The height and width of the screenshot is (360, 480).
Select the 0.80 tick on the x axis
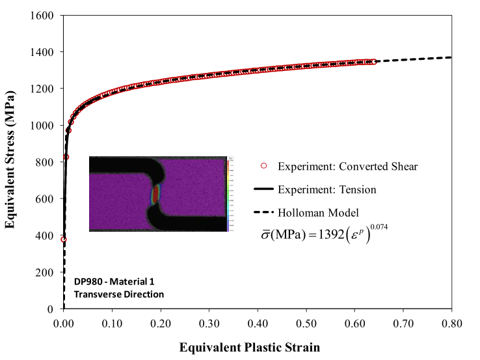451,322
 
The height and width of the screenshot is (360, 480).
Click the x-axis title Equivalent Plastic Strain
250,347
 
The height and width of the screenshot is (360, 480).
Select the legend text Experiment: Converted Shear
347,167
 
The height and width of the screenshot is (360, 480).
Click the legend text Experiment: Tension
327,189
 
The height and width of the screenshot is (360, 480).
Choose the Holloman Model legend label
317,212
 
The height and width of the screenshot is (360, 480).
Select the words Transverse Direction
120,294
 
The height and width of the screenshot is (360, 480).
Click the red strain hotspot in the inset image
156,195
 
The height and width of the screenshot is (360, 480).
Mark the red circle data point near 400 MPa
64,240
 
